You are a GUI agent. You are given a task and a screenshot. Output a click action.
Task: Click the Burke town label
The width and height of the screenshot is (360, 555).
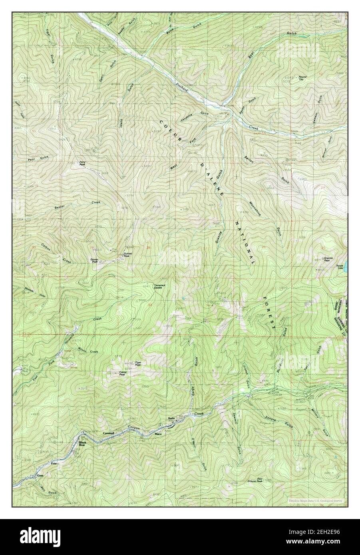pos(172,418)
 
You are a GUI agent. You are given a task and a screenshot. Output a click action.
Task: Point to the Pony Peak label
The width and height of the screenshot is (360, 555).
pos(82,163)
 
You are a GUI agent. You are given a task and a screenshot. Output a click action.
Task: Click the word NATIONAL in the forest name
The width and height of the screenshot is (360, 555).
pos(244,243)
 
